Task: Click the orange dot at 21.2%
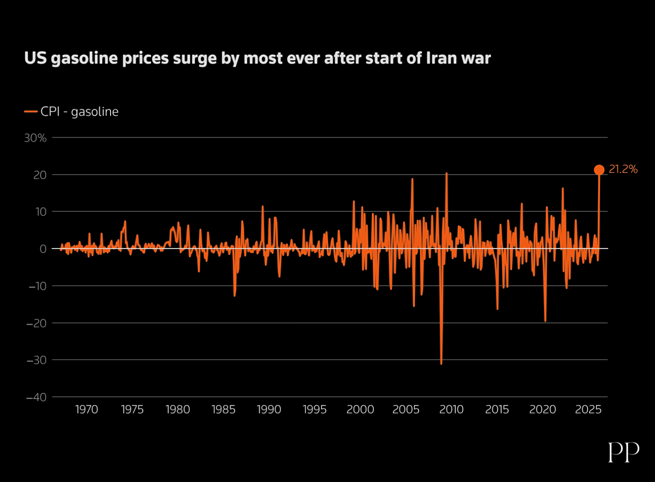click(x=599, y=170)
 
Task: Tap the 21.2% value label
click(x=623, y=169)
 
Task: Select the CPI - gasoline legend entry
click(x=72, y=112)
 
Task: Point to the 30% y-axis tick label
click(x=35, y=138)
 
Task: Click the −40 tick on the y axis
click(x=36, y=397)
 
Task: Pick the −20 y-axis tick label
click(x=36, y=324)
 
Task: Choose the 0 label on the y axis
click(x=43, y=249)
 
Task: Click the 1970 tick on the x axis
click(x=86, y=410)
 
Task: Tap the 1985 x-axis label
click(x=223, y=410)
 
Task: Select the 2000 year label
click(x=360, y=410)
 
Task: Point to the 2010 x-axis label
click(x=451, y=410)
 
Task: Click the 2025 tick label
click(x=588, y=410)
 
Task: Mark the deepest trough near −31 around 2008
click(x=441, y=363)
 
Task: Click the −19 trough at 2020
click(x=545, y=321)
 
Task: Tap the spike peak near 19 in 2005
click(x=412, y=179)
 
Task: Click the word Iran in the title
click(x=441, y=58)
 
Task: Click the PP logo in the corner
click(x=624, y=452)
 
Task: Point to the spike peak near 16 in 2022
click(x=563, y=189)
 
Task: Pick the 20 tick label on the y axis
click(x=40, y=175)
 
